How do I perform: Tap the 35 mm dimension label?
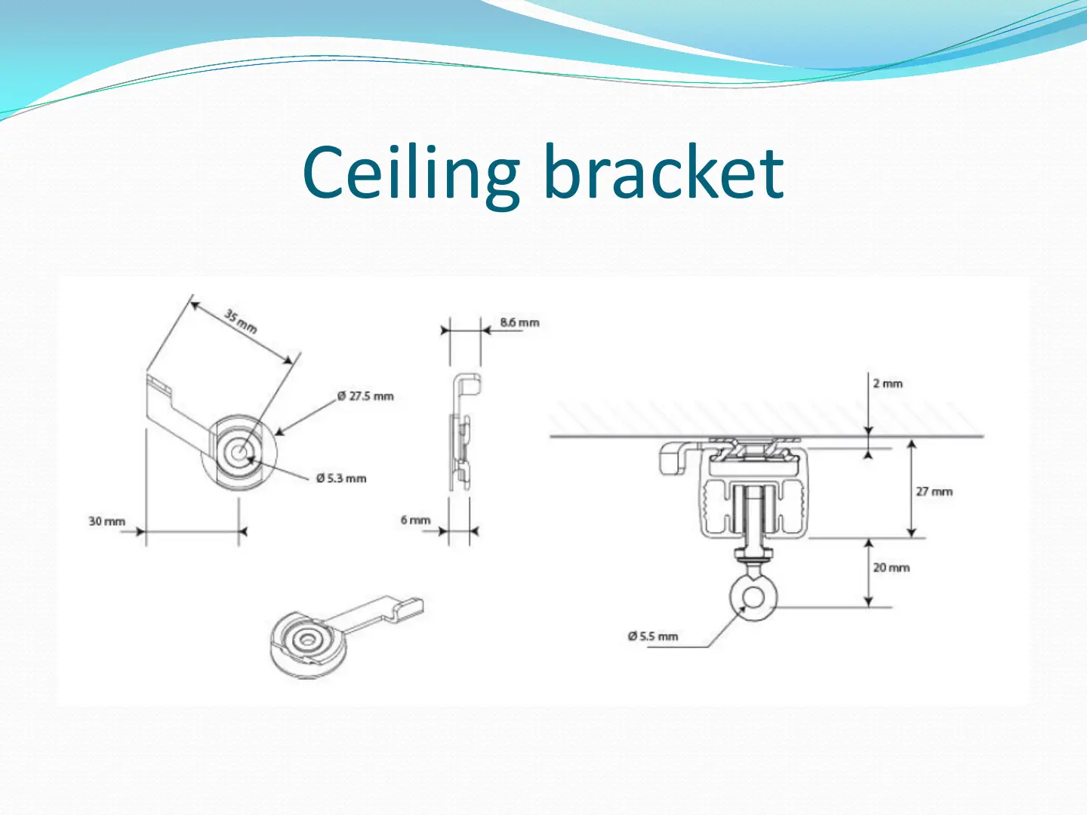coord(241,321)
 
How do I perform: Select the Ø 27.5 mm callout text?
coord(365,396)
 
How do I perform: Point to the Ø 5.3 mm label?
coord(341,478)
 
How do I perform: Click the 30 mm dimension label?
coord(106,521)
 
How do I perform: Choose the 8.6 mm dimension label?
coord(519,323)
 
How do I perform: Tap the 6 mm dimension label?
coord(415,520)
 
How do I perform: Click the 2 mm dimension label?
coord(888,383)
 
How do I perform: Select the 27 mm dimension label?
coord(934,491)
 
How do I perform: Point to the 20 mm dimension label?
coord(891,567)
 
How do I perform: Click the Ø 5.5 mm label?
coord(653,636)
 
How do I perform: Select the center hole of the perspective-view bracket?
coord(306,640)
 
